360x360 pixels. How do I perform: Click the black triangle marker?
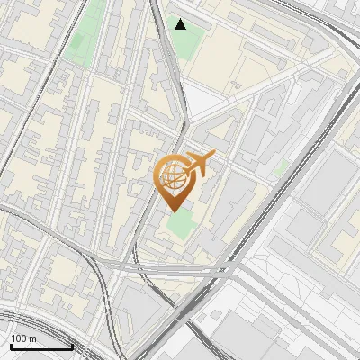[x=181, y=24]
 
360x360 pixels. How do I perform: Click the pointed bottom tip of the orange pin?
[x=173, y=211]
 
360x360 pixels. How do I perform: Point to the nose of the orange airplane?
[x=212, y=157]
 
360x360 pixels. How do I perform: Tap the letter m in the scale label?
[x=33, y=339]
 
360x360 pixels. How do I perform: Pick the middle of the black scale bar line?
[x=41, y=347]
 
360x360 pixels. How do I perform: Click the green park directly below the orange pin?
[x=179, y=226]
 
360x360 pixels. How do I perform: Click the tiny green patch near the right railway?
[x=282, y=167]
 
